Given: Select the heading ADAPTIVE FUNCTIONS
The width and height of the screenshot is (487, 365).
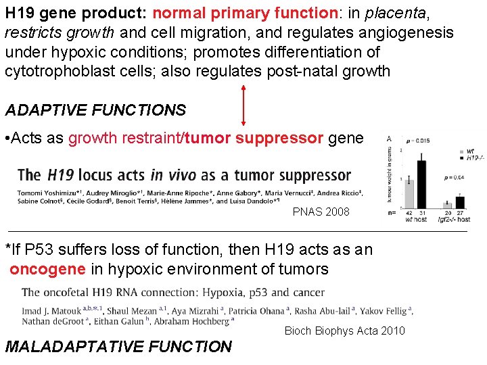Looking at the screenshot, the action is [95, 109].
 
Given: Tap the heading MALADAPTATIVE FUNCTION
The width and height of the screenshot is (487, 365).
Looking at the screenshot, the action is [118, 347].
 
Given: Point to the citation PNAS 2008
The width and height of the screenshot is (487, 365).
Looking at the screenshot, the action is [321, 212].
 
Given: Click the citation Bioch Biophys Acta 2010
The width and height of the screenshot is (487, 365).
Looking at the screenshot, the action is [344, 331].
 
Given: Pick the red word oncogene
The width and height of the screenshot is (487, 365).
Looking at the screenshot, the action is [47, 269].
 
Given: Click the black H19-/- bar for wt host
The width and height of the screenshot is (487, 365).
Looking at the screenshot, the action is [421, 183].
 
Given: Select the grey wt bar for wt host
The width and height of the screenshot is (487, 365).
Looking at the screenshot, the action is [409, 192].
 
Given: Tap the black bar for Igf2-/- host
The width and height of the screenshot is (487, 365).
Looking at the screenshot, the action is [461, 201].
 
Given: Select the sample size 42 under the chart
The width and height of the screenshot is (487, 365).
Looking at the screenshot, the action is [409, 213].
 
